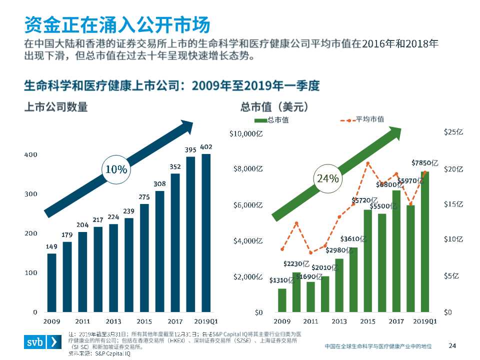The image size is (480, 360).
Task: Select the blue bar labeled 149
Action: click(x=51, y=282)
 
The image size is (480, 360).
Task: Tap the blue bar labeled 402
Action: click(x=206, y=232)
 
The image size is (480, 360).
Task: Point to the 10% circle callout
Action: click(x=115, y=169)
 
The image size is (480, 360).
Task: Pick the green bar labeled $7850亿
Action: click(x=425, y=242)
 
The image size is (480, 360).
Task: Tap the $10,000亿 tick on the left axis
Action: click(x=246, y=133)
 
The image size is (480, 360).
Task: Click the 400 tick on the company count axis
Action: click(x=31, y=154)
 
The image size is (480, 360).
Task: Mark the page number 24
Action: click(x=452, y=345)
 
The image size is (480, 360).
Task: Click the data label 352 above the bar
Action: click(x=175, y=168)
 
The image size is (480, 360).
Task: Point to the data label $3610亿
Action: click(x=353, y=239)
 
